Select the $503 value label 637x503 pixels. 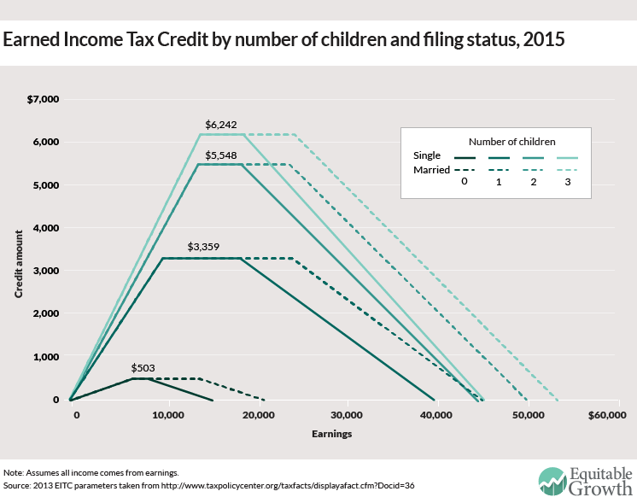click(143, 368)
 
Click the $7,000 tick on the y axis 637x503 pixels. click(42, 99)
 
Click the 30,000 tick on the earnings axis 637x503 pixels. click(345, 415)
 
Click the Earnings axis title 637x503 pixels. click(331, 434)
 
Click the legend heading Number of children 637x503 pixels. click(510, 140)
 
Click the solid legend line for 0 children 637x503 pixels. click(465, 157)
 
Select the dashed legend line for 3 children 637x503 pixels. click(567, 171)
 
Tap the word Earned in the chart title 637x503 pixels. click(38, 40)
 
